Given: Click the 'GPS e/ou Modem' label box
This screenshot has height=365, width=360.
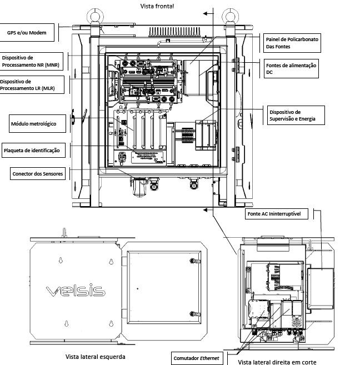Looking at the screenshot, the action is (27, 33).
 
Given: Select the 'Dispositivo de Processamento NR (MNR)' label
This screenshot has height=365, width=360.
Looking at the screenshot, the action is (31, 61).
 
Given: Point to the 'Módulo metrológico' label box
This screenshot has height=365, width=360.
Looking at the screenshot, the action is (37, 123).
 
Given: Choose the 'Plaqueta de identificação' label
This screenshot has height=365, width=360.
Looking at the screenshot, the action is (33, 151).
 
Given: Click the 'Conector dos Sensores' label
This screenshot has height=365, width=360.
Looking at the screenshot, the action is (38, 174).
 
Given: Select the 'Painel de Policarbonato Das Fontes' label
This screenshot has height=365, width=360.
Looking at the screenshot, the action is (292, 43).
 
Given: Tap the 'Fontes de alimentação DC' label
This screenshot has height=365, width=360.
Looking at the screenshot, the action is (291, 69).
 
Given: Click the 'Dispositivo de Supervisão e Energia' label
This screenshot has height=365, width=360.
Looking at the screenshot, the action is (296, 115).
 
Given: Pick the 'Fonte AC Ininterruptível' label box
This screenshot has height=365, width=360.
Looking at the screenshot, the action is (277, 214).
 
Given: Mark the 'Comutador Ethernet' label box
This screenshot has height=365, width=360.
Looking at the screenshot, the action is (197, 358).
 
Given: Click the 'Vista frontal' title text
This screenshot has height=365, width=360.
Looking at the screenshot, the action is (157, 6).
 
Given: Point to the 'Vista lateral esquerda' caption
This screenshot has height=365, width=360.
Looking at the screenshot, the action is (95, 357).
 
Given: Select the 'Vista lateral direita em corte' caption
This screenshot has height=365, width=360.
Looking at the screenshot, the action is (277, 362).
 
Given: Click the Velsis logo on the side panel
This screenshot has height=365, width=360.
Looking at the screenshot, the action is (76, 290).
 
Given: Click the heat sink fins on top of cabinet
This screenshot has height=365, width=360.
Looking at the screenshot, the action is (174, 32).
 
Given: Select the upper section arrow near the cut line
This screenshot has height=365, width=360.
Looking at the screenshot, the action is (208, 13).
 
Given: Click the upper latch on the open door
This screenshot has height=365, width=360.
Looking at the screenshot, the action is (194, 261).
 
